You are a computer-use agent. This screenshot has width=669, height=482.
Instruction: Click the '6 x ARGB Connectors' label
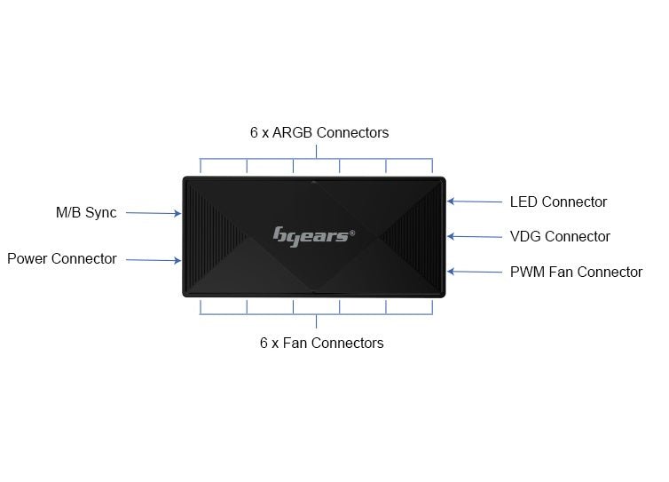tap(319, 133)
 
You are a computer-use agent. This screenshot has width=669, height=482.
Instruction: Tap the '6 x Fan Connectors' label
tap(321, 343)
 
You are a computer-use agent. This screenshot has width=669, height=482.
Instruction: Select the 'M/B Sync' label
tap(86, 213)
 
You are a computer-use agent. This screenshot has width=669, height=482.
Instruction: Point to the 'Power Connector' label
tap(62, 259)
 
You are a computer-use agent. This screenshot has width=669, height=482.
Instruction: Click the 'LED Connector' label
tap(558, 202)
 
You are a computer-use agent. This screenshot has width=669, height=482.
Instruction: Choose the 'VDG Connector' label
tap(560, 237)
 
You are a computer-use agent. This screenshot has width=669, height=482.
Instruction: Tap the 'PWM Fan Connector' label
tap(576, 273)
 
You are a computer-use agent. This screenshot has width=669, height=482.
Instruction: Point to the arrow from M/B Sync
tap(153, 213)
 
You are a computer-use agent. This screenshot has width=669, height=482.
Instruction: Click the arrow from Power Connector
tap(153, 260)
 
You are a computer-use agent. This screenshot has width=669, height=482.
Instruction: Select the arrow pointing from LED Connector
tap(474, 201)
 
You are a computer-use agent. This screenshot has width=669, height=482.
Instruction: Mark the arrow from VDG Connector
tap(474, 236)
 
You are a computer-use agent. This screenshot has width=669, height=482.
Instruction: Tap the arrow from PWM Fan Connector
tap(474, 272)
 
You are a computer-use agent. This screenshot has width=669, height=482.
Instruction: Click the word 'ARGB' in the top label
tap(293, 133)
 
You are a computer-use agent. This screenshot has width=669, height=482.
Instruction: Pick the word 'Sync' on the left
tap(100, 213)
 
